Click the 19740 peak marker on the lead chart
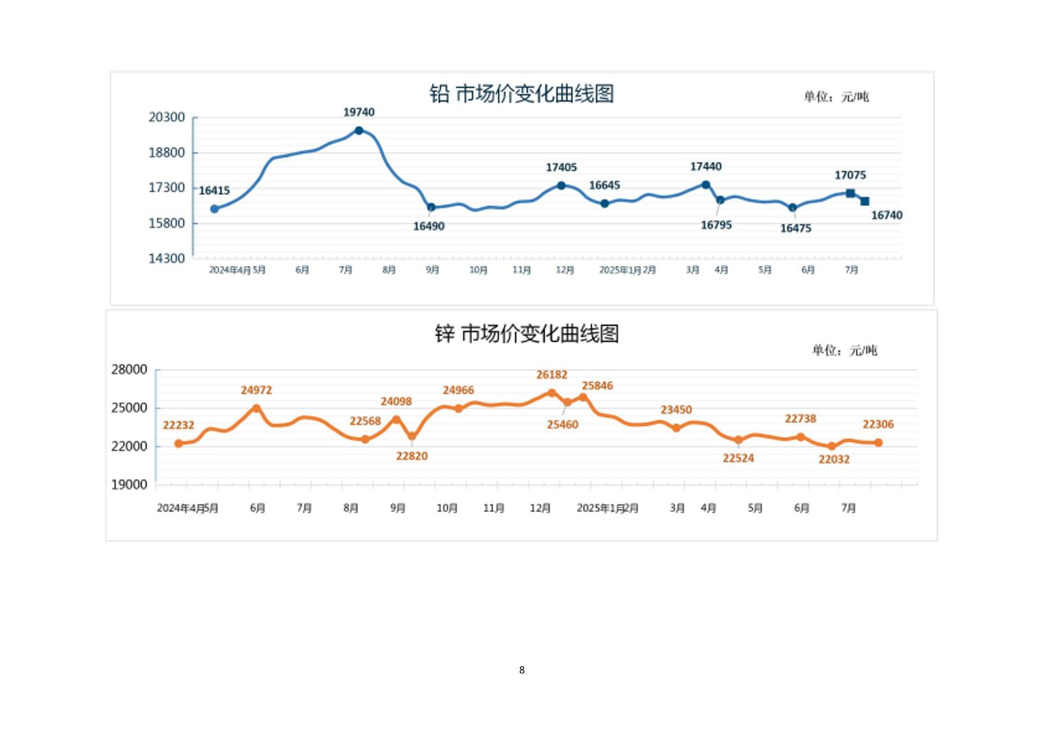pos(359,130)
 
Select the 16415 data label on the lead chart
pos(214,191)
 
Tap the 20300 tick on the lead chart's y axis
pos(167,117)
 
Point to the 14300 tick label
pos(167,259)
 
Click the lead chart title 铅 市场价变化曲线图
pos(521,94)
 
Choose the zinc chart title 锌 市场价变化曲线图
pos(527,334)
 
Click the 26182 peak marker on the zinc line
pos(552,393)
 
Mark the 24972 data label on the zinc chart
pos(256,390)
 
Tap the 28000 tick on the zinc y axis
pos(129,370)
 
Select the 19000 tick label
pos(129,484)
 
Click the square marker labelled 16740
pos(865,201)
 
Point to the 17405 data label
pos(561,167)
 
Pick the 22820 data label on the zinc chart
pos(412,456)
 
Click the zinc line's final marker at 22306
pos(878,443)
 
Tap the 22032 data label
pos(834,460)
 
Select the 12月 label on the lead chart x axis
pos(565,270)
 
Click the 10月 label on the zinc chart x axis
pos(447,508)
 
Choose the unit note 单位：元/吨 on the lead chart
pos(836,97)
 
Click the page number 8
pos(522,670)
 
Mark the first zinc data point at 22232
pos(179,443)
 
